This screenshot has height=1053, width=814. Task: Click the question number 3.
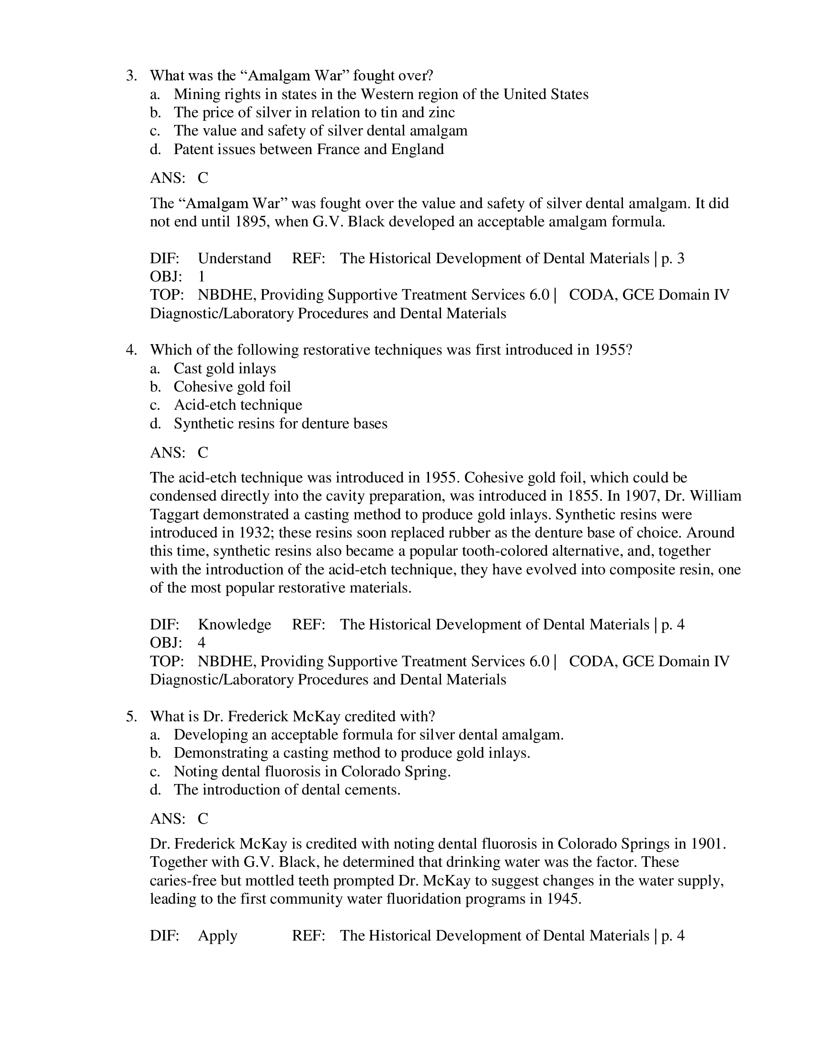pos(131,76)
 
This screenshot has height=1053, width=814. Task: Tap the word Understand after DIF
pos(234,258)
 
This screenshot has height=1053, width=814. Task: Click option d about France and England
pos(309,149)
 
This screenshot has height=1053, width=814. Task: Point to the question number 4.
pos(131,349)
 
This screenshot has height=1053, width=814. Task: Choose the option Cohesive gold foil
pos(232,387)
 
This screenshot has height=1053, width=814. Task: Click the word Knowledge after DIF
pos(234,624)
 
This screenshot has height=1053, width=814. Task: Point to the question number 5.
pos(131,716)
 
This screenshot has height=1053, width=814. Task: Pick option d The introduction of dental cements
pos(287,790)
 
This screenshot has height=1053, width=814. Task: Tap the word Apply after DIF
pos(217,936)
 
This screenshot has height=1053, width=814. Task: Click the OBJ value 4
pos(202,643)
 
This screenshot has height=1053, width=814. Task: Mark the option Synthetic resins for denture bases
pos(280,423)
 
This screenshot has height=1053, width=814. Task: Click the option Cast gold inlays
pos(225,369)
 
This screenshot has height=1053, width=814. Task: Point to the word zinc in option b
pos(441,112)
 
